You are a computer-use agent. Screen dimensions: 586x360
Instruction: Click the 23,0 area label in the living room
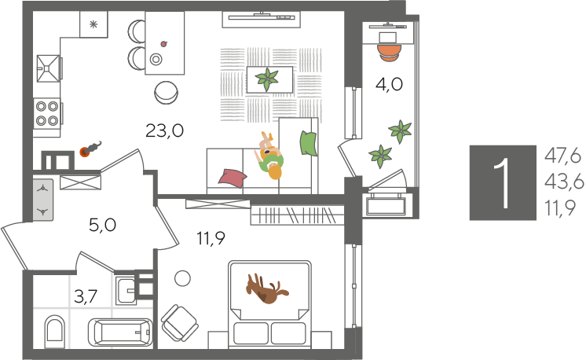click(164, 131)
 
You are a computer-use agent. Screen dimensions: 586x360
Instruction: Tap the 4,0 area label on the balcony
click(389, 84)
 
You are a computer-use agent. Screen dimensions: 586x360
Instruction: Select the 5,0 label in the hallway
click(102, 225)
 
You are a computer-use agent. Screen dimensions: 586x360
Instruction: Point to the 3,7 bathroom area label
click(86, 296)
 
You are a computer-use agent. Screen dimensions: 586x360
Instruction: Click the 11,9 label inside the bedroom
click(211, 238)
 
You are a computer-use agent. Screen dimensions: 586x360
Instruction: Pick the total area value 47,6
click(563, 156)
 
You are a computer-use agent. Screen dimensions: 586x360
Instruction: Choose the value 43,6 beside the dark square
click(564, 182)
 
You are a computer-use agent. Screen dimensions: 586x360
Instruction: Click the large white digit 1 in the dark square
click(503, 182)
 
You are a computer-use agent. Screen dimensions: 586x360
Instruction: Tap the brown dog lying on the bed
click(266, 288)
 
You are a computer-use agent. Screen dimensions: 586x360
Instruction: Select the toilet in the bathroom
click(54, 331)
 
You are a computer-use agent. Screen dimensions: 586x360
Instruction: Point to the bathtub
click(120, 332)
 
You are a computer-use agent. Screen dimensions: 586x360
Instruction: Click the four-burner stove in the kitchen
click(47, 114)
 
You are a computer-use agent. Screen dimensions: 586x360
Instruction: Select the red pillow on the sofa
click(232, 178)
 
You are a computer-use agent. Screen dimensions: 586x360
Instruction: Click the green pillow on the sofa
click(309, 143)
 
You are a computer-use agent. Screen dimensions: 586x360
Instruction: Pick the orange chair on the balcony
click(389, 53)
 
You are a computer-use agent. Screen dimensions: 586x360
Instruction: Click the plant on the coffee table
click(267, 79)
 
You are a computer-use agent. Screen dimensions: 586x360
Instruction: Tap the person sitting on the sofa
click(270, 156)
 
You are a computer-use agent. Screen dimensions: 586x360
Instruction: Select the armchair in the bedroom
click(179, 322)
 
